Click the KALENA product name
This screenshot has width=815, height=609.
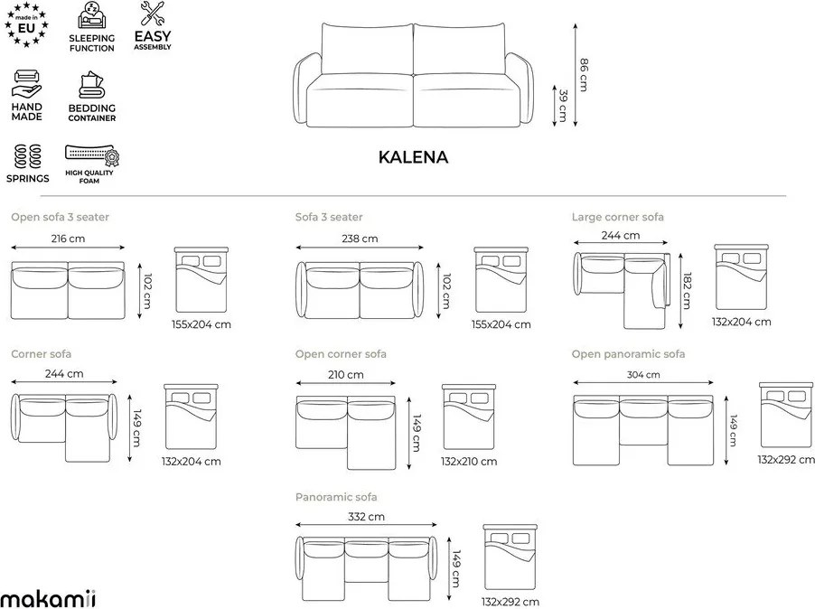[x=412, y=157]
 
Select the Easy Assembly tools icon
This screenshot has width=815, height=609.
[x=152, y=14]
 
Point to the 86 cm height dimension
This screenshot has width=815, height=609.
[x=584, y=74]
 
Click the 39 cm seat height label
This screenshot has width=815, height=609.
[x=563, y=105]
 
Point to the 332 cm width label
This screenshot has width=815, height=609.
[x=365, y=517]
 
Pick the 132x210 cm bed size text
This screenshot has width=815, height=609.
[x=469, y=461]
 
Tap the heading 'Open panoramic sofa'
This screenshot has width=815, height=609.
[x=628, y=354]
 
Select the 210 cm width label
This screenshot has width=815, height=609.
[x=345, y=375]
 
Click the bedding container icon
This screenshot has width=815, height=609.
[x=91, y=86]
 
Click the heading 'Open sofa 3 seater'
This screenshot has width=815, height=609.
[x=61, y=217]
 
